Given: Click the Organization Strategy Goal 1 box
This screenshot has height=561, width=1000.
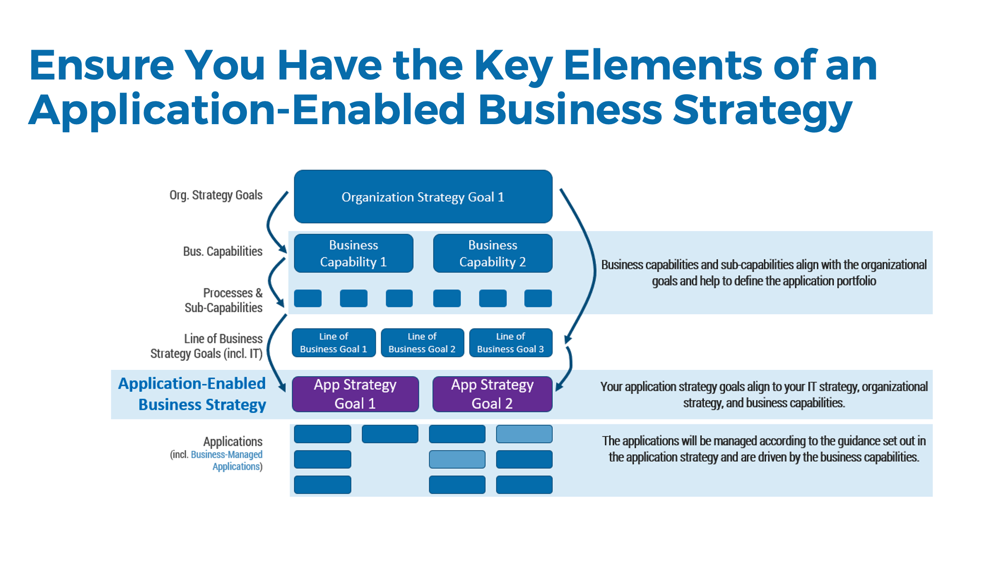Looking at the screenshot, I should coord(423,197).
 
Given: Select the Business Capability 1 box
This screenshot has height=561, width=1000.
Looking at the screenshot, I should coord(353,253).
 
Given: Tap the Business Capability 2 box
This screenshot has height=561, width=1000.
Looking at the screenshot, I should coord(492,253).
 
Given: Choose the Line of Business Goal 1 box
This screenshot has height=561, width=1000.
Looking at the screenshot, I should coord(334,343).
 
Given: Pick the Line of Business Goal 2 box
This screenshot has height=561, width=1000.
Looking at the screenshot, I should coord(422,343).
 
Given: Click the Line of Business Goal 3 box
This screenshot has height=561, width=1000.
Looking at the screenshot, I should coord(510,343).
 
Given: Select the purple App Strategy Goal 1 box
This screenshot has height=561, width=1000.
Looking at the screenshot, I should coord(355,394).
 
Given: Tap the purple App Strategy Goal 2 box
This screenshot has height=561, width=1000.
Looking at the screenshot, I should coord(492,394).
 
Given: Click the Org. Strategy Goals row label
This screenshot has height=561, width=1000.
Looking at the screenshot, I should coord(216,195).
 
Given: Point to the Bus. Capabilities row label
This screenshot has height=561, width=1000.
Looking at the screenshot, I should coord(222,251).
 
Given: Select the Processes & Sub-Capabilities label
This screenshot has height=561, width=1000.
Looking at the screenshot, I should coord(224,300).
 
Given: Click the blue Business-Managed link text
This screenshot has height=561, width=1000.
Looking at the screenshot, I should coord(226,455).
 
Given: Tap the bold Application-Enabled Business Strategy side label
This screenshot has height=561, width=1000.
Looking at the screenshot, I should coord(192,394).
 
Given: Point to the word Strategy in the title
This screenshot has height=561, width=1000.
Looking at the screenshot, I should coord(762,110).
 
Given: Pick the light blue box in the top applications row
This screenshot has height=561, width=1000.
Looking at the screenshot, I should coord(524,434).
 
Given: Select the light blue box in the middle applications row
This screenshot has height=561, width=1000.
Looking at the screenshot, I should coord(457,459).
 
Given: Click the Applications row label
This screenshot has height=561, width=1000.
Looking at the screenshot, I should coord(233,442).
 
